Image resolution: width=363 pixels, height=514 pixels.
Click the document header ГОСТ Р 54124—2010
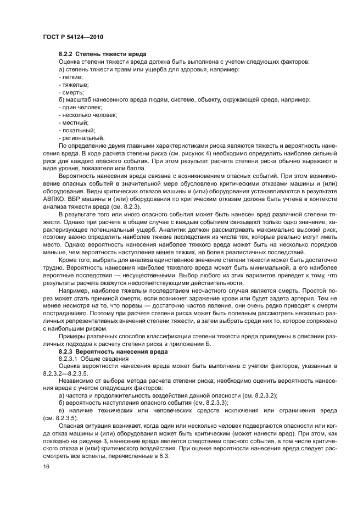click(72, 37)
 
